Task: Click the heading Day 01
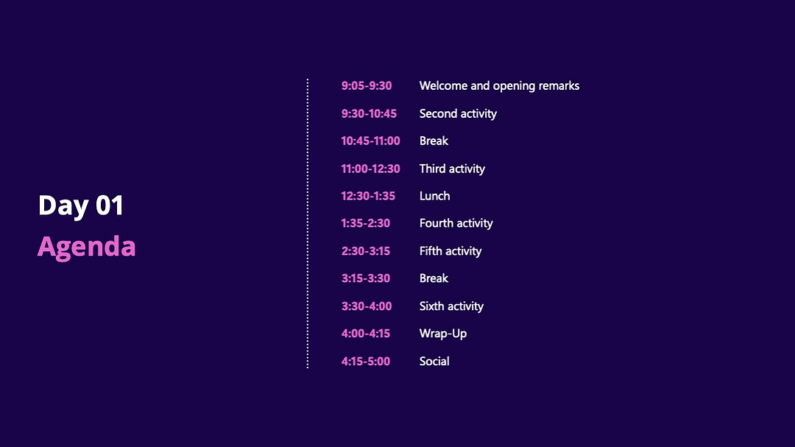click(81, 205)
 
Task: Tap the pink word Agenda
click(87, 247)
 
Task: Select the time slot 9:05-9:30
click(367, 85)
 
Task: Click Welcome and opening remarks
click(499, 86)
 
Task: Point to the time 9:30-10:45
click(369, 113)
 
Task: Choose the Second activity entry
click(458, 114)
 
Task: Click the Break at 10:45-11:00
click(434, 141)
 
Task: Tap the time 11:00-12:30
click(370, 169)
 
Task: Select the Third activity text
click(452, 169)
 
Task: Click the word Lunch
click(434, 196)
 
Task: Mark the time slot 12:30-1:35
click(368, 196)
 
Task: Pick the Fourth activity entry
click(456, 224)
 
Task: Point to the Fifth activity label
click(451, 251)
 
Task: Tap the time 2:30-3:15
click(366, 251)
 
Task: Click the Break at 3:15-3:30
click(434, 278)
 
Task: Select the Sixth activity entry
click(451, 306)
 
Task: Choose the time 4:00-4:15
click(366, 334)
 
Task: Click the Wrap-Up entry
click(443, 334)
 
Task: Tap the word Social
click(434, 362)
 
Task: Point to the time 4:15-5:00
click(366, 362)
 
